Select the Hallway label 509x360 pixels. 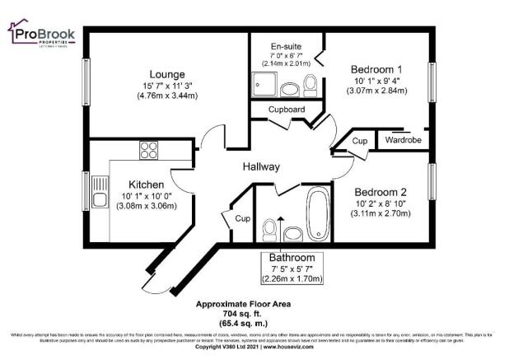pos(261,167)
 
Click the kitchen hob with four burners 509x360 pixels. pos(149,150)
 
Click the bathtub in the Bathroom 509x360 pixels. pos(317,213)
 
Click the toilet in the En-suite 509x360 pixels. pos(311,85)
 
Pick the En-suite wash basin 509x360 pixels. pos(290,89)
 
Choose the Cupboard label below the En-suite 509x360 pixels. pos(287,110)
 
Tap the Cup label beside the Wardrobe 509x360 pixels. pos(359,141)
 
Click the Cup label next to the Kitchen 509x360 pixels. pos(242,219)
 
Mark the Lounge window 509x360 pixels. pos(86,81)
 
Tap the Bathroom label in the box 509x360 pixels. pos(293,257)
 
